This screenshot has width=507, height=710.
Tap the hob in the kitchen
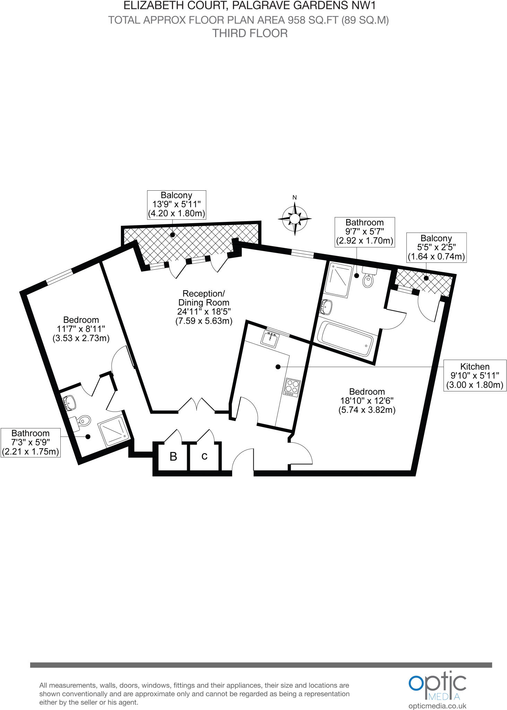click(291, 387)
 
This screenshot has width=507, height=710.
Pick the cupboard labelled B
click(173, 457)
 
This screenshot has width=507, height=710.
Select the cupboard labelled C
click(204, 456)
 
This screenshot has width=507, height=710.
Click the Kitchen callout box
click(475, 375)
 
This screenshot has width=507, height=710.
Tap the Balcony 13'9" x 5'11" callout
click(176, 204)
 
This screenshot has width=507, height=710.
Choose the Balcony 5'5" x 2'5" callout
click(436, 247)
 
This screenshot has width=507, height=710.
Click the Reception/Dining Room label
click(204, 307)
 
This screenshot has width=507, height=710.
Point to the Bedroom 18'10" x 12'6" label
click(367, 401)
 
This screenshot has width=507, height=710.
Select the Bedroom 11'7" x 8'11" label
click(81, 329)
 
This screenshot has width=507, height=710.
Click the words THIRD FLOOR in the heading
click(250, 33)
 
